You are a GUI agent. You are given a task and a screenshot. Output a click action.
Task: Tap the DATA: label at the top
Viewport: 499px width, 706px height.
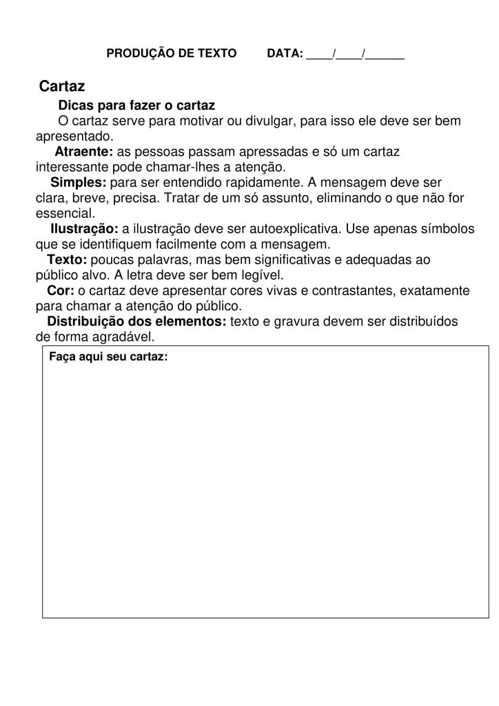coord(285,53)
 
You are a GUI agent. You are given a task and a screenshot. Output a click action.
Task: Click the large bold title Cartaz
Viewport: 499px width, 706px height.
coord(62,87)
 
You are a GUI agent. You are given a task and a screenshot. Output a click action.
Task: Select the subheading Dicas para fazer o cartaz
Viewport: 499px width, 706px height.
coord(136,105)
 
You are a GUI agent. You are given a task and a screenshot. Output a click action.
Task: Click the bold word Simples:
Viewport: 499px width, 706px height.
coord(79,182)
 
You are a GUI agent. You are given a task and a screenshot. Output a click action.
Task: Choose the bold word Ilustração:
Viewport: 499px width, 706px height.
coord(85,228)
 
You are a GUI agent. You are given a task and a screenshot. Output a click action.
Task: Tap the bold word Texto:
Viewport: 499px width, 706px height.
coord(67,259)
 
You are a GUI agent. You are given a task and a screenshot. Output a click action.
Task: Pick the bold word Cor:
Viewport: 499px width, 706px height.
coord(61,290)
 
